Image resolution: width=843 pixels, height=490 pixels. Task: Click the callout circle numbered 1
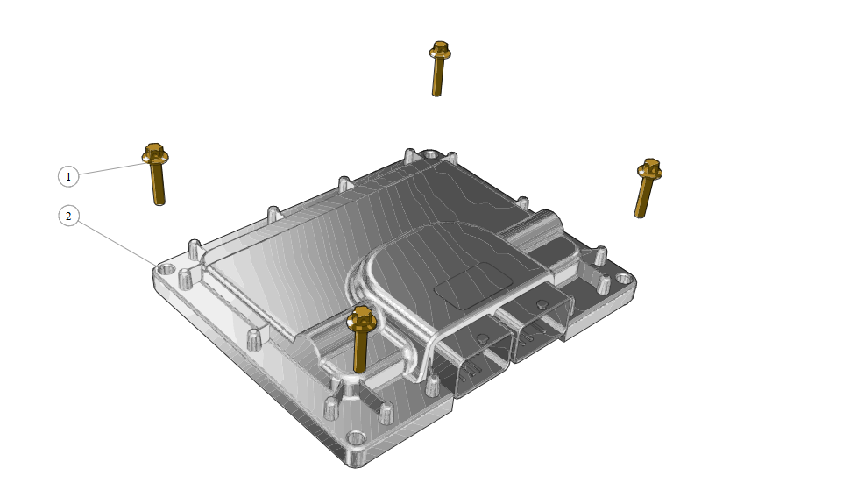pos(68,176)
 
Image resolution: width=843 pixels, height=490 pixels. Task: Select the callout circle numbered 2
pos(68,217)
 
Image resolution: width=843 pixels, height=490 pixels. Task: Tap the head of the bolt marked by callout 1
pos(155,153)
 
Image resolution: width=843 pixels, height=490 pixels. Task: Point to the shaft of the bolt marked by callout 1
pos(158,184)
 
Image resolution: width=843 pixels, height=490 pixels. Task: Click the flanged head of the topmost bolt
pos(440,51)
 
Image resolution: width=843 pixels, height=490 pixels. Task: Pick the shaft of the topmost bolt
pos(437,77)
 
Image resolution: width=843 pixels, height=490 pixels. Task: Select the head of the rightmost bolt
pos(650,169)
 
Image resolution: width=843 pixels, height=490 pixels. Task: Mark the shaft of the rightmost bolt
pos(642,198)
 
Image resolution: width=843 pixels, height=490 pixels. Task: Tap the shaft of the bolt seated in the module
pos(360,351)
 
